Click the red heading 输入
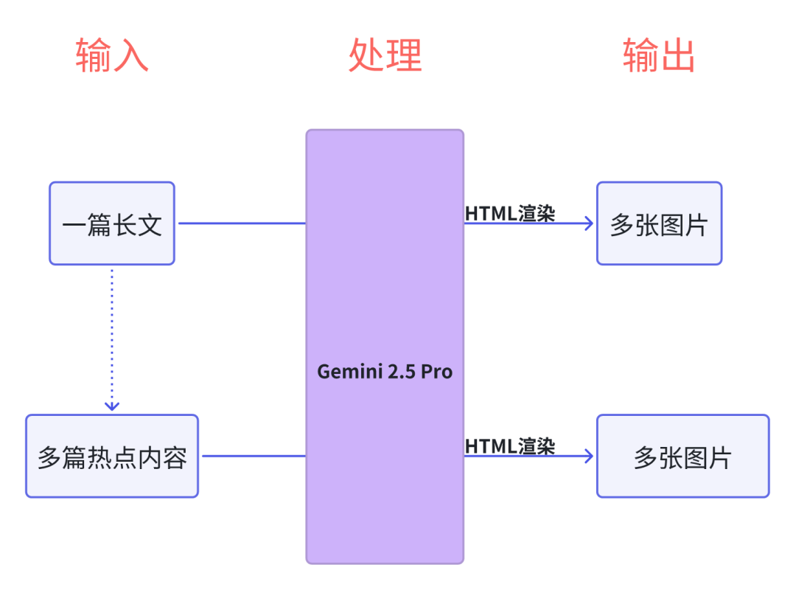[x=112, y=55]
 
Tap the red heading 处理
[x=385, y=55]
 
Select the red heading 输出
[x=658, y=55]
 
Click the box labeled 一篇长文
[x=112, y=223]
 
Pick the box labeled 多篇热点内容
[x=112, y=456]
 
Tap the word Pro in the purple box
[x=437, y=372]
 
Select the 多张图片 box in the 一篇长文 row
[x=659, y=223]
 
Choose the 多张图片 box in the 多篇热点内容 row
[x=682, y=456]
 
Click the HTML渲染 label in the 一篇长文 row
[x=510, y=213]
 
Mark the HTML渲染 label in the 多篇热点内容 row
[x=510, y=446]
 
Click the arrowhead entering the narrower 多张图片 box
[x=589, y=223]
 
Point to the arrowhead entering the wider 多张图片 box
[x=589, y=456]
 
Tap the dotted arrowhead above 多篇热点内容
[x=112, y=405]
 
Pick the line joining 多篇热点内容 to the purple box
[x=254, y=456]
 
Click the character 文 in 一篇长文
[x=150, y=224]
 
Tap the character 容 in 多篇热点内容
[x=175, y=457]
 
